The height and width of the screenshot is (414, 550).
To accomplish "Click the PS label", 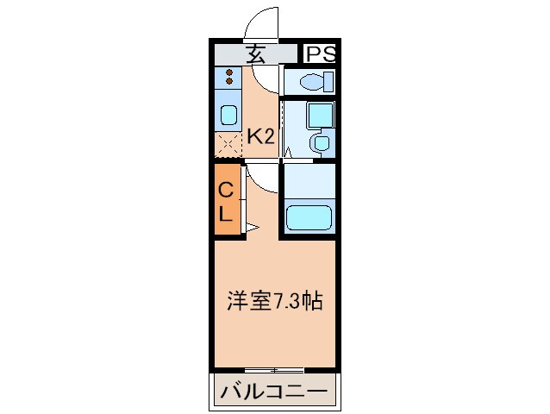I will pyautogui.click(x=319, y=53).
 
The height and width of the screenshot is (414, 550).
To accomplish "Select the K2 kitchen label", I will pyautogui.click(x=260, y=135).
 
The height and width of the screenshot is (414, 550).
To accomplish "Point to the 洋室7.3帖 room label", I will pyautogui.click(x=275, y=301).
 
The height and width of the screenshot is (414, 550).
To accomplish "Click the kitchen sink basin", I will pyautogui.click(x=228, y=115).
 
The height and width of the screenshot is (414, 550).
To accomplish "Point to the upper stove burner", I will pyautogui.click(x=229, y=72).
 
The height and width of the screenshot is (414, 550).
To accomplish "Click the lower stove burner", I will pyautogui.click(x=229, y=83).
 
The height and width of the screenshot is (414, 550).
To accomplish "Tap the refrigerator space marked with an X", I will pyautogui.click(x=228, y=145).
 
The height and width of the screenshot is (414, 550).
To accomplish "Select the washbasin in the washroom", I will pyautogui.click(x=320, y=143).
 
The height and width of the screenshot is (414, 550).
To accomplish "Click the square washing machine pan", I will pyautogui.click(x=320, y=113).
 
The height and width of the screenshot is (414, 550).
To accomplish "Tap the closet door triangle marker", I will pyautogui.click(x=253, y=228).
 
